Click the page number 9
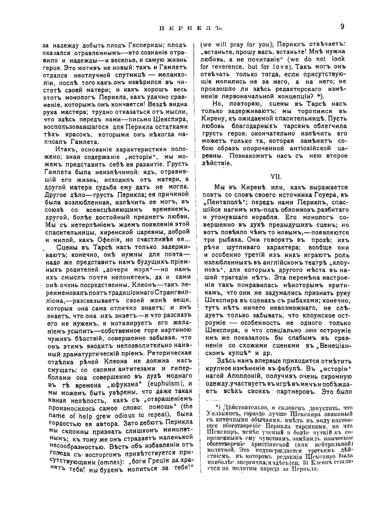click(x=342, y=26)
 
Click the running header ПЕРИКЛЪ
click(x=190, y=28)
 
